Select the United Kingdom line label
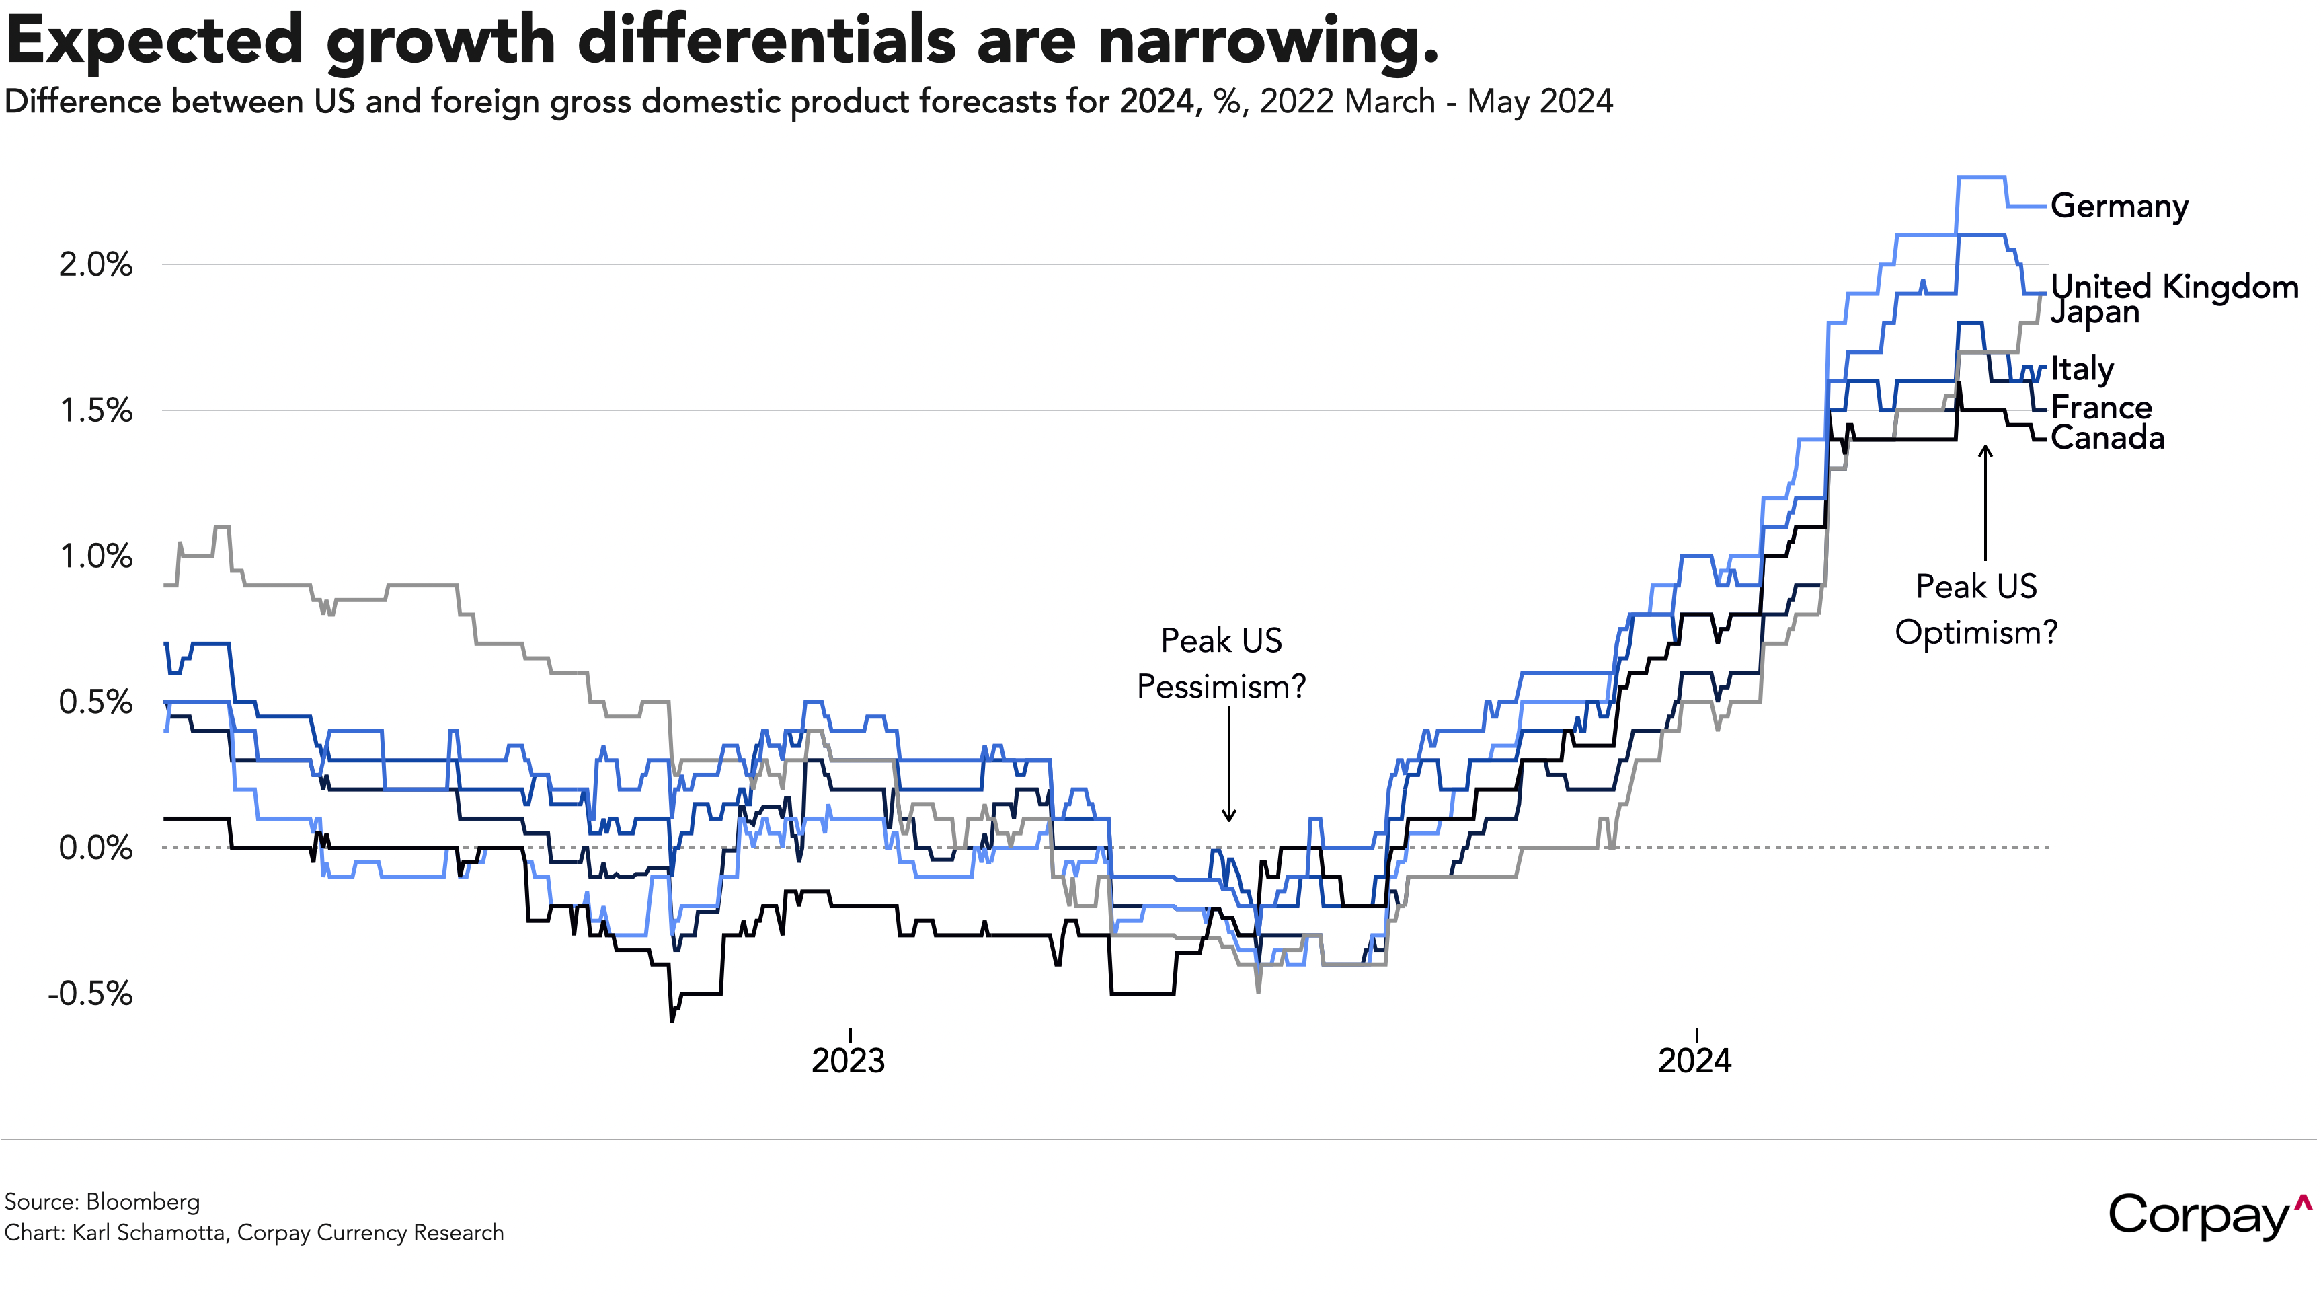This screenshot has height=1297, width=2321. [x=2174, y=287]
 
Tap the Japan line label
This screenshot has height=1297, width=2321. [x=2095, y=313]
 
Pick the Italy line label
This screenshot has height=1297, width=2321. [x=2082, y=369]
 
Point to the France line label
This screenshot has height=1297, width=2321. [x=2101, y=408]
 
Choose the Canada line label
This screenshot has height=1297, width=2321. [x=2107, y=438]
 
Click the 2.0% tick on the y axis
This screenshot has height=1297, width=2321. [x=95, y=265]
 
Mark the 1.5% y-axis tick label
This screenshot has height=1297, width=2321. [x=95, y=411]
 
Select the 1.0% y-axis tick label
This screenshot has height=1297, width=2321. [x=95, y=556]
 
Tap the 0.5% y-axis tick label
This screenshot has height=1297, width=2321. [x=95, y=702]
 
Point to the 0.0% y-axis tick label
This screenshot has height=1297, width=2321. [x=95, y=848]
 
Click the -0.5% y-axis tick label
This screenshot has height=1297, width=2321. [x=90, y=994]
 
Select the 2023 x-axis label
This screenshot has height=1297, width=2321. [x=848, y=1061]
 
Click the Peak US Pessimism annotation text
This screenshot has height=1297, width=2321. [x=1221, y=663]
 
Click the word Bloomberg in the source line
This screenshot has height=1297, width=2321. [x=143, y=1201]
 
